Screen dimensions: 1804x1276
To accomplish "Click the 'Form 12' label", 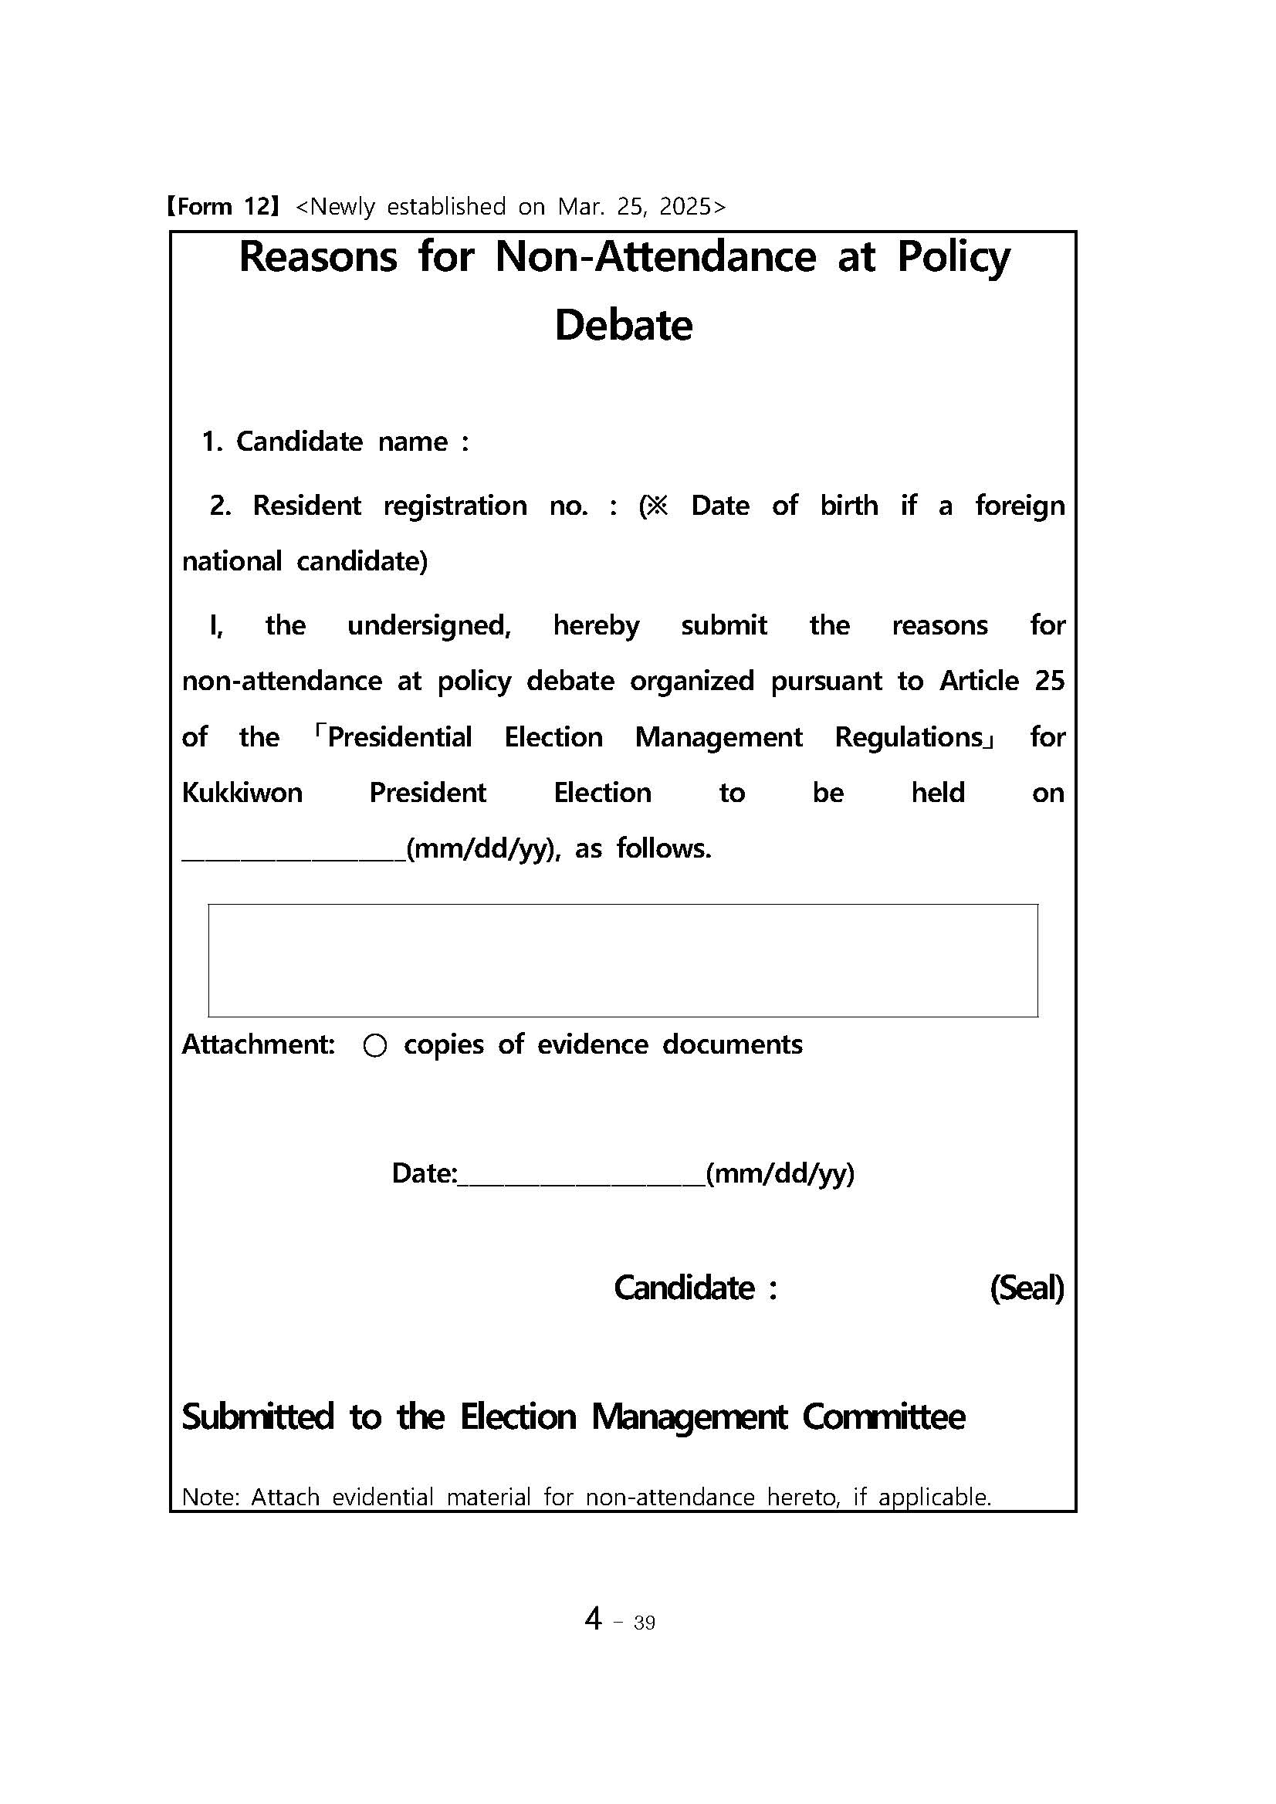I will click(x=222, y=207).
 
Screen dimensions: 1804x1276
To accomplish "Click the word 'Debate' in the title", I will click(x=623, y=325).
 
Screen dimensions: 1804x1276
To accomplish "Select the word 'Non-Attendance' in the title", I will click(x=655, y=257).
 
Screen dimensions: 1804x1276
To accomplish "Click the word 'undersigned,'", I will click(x=429, y=625).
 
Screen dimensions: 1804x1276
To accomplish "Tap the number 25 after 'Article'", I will click(x=1049, y=681).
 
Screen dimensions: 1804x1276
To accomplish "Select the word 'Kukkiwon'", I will click(x=242, y=793).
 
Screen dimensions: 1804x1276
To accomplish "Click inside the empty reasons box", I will click(x=622, y=960).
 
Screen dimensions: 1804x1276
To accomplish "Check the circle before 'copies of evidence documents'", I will click(x=375, y=1046).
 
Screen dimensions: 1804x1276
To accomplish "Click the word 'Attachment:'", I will click(x=259, y=1044).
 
